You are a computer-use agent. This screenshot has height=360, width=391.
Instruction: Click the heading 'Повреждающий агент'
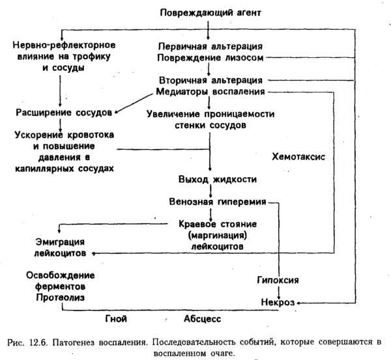[x=209, y=12]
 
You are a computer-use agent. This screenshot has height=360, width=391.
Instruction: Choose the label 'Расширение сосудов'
[x=59, y=112]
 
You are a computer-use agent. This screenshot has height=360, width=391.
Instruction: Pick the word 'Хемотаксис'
[x=299, y=157]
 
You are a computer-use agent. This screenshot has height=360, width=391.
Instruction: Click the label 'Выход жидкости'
[x=209, y=178]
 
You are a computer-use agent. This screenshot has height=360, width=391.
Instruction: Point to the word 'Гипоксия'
[x=278, y=279]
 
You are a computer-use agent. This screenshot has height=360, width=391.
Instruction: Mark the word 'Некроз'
[x=278, y=302]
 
